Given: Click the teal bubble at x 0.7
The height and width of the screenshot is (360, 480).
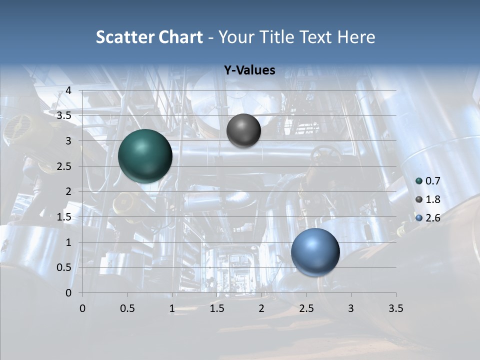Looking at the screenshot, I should tap(145, 156).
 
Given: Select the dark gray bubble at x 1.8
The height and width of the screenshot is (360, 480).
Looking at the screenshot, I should tap(243, 130).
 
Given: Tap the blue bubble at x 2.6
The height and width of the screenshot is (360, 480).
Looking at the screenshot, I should tap(315, 252).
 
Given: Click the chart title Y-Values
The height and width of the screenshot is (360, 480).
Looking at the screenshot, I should tap(249, 70).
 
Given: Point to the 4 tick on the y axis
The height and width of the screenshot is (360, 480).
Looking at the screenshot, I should tap(68, 90).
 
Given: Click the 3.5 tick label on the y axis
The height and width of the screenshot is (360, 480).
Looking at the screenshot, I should tap(64, 115).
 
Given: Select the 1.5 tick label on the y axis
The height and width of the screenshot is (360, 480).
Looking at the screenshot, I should tap(64, 217).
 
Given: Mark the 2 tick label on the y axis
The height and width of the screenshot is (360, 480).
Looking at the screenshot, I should tap(68, 191).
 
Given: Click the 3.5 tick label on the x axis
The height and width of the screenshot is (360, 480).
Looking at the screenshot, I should tap(395, 308).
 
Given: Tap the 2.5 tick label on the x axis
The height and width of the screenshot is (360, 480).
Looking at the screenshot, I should tap(306, 308).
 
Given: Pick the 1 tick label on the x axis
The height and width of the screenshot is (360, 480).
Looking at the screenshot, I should tap(172, 308).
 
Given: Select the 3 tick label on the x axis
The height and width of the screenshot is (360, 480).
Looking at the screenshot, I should tap(351, 308).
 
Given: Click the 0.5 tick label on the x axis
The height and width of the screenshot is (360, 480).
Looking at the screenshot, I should tap(127, 308).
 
